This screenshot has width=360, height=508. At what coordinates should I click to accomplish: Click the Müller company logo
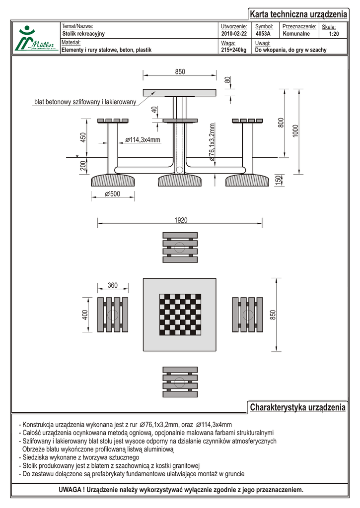pos(34,39)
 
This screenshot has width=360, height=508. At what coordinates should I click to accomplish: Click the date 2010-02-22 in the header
pos(233,34)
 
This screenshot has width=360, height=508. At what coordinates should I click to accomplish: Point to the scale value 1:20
pos(334,34)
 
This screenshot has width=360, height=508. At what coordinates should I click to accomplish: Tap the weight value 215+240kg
pos(233,50)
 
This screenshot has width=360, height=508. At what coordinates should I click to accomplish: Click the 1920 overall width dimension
pos(181,220)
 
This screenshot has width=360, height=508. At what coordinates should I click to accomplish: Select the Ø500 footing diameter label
pos(113,194)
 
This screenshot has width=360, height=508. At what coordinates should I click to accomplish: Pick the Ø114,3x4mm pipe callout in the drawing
pos(143,140)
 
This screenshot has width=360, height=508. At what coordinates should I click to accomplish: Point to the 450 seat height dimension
pos(83,137)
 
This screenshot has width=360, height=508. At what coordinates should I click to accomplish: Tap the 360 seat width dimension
pos(113,285)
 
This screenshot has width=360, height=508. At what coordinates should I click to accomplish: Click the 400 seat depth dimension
pos(85,315)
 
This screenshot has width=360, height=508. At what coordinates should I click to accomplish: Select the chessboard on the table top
pos(180,315)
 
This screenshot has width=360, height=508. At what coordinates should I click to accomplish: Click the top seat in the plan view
pos(180,247)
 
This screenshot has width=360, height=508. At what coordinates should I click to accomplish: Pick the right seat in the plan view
pos(247,315)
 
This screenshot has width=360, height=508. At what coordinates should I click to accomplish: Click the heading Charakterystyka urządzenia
pos(297,407)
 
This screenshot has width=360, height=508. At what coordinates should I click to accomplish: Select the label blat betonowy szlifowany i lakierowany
pos(85,102)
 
